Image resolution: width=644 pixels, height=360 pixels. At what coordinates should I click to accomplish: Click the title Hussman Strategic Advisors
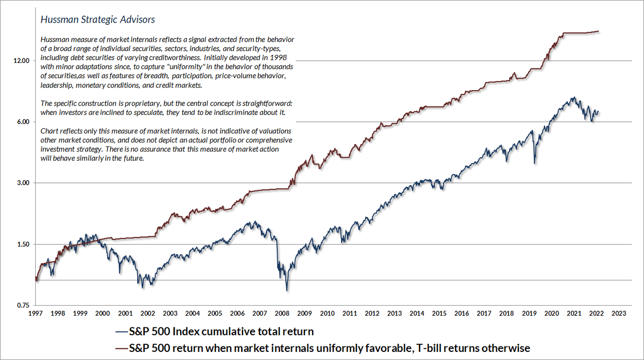click(x=97, y=20)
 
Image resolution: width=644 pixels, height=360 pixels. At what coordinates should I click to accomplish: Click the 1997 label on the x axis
click(x=35, y=313)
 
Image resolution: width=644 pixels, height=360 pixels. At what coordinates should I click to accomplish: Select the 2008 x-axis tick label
click(x=282, y=313)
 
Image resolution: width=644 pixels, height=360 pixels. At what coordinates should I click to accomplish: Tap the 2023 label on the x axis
click(x=618, y=313)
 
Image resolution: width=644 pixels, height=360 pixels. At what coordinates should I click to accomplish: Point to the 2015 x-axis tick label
click(x=439, y=313)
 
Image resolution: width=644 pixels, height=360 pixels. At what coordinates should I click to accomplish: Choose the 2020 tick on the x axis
click(x=551, y=313)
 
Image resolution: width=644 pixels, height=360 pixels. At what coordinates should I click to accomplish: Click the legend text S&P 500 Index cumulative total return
click(x=221, y=332)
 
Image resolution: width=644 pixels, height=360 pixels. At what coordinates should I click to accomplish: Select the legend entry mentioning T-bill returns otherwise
click(x=330, y=348)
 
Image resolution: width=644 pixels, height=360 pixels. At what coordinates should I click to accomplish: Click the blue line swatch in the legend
click(x=121, y=332)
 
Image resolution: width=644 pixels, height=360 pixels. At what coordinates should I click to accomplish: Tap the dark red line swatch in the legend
click(x=121, y=348)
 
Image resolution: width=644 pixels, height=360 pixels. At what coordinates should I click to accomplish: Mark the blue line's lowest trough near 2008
click(x=287, y=291)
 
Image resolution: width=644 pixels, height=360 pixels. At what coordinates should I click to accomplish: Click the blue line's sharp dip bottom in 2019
click(x=534, y=164)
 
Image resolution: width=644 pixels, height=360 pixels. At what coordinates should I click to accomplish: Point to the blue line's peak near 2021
click(x=572, y=98)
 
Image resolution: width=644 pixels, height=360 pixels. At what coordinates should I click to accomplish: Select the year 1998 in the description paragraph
click(x=288, y=58)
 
